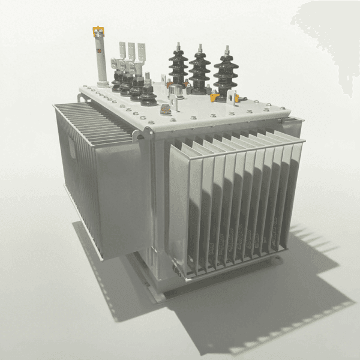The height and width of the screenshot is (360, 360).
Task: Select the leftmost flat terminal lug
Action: (x=122, y=50)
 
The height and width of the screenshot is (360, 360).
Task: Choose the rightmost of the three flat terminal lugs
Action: (x=141, y=52)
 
